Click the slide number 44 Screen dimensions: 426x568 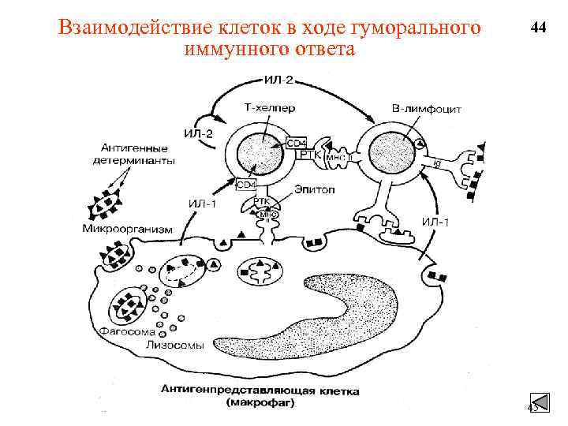coord(539,28)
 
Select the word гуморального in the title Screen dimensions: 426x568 coord(415,28)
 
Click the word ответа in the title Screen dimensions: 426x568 coord(324,50)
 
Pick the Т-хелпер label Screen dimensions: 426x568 coord(260,106)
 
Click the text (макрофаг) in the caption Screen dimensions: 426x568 coord(260,402)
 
